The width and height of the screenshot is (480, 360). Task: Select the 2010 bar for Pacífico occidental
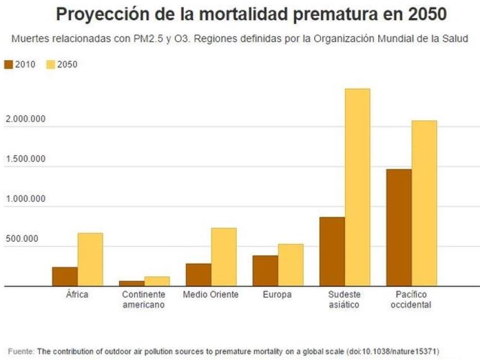[x=399, y=227]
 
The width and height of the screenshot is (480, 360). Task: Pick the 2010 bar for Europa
[x=265, y=271]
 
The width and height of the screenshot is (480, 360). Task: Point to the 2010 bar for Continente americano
[x=132, y=283]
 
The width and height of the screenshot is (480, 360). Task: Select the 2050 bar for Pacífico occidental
[x=424, y=203]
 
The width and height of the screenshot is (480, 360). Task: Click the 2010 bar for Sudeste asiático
[x=332, y=251]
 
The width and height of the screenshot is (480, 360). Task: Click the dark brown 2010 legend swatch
[x=8, y=64]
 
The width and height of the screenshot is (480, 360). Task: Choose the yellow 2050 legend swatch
[x=50, y=64]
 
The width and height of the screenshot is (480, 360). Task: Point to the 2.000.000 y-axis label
[x=25, y=119]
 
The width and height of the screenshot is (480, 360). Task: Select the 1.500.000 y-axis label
[x=25, y=159]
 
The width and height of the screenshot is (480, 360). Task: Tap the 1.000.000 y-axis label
[x=25, y=199]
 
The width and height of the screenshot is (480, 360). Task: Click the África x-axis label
[x=77, y=295]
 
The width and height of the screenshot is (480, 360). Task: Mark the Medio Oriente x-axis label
[x=211, y=295]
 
